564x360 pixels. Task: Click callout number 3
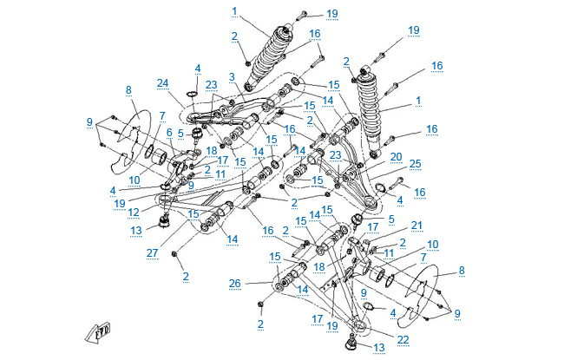point(232,76)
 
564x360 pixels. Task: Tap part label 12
point(133,213)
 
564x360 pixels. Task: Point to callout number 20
point(395,157)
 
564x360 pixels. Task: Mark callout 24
point(162,84)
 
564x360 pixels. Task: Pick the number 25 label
point(415,163)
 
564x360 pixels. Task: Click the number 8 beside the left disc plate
point(128,89)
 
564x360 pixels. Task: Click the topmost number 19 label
point(332,13)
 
